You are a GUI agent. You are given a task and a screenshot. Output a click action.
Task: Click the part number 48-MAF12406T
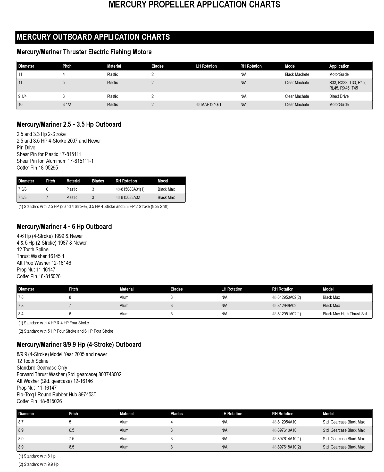[x=209, y=105]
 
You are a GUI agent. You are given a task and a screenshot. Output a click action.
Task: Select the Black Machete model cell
[x=297, y=74]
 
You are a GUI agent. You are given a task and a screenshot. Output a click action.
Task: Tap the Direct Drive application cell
[x=339, y=96]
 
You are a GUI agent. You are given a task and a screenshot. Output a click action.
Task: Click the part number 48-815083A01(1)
[x=130, y=189]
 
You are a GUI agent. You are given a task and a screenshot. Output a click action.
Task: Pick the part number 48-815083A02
[x=128, y=197]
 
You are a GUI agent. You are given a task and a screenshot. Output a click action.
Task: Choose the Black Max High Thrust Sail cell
[x=345, y=314]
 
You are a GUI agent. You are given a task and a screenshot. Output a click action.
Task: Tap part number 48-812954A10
[x=284, y=422]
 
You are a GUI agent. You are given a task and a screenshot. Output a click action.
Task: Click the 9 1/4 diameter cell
[x=23, y=96]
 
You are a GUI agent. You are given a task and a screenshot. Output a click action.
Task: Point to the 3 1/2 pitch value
[x=67, y=105]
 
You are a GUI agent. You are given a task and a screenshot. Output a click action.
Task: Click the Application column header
[x=339, y=66]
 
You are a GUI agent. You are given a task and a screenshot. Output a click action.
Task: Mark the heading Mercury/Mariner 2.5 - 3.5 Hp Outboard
[x=69, y=124]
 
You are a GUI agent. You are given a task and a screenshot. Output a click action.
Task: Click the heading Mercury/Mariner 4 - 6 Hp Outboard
[x=64, y=227]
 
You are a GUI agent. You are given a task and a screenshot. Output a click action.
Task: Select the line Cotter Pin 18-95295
[x=37, y=168]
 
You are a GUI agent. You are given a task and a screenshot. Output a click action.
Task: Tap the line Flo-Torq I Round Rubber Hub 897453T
[x=56, y=395]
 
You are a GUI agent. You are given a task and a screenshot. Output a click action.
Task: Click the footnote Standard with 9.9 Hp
[x=39, y=464]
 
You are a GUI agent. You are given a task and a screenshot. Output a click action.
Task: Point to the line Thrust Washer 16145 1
[x=40, y=256]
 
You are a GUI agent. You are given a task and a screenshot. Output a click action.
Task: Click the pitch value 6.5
[x=72, y=430]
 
